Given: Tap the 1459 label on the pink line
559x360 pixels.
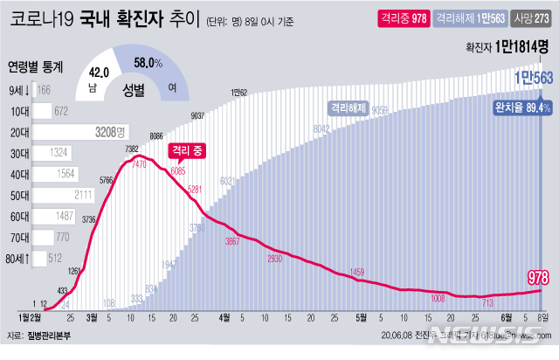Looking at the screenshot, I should click(x=358, y=273).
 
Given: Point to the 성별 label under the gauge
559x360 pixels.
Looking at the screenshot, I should click(x=133, y=88).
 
